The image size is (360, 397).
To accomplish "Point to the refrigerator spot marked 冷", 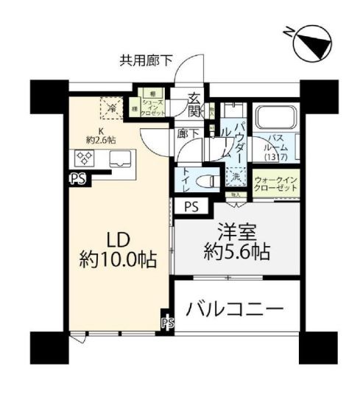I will point(111,107).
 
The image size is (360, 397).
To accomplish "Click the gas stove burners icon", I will point(82,158).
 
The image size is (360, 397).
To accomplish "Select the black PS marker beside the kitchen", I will point(76,177).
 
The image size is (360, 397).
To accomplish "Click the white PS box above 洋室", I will point(191,207).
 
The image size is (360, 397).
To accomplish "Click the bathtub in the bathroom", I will point(275,118).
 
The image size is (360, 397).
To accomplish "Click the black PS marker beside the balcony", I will point(168,322).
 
